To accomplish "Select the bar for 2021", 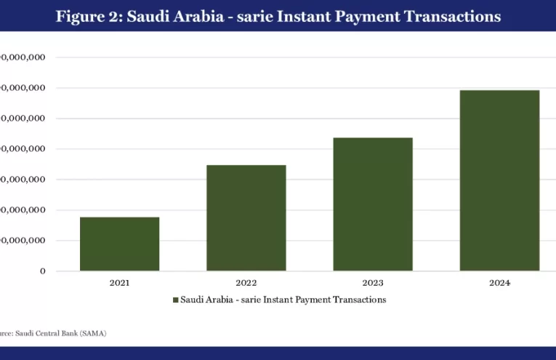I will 119,244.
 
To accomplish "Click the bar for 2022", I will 246,217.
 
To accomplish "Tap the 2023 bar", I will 373,204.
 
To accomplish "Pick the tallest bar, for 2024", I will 499,180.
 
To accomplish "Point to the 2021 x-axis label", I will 119,282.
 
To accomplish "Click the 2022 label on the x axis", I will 246,282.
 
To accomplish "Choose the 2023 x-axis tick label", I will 373,282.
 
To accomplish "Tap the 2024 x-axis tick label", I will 499,282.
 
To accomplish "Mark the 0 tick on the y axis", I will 42,271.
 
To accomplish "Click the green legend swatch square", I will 175,300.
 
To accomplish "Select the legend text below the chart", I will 283,300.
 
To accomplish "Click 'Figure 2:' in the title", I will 88,16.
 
